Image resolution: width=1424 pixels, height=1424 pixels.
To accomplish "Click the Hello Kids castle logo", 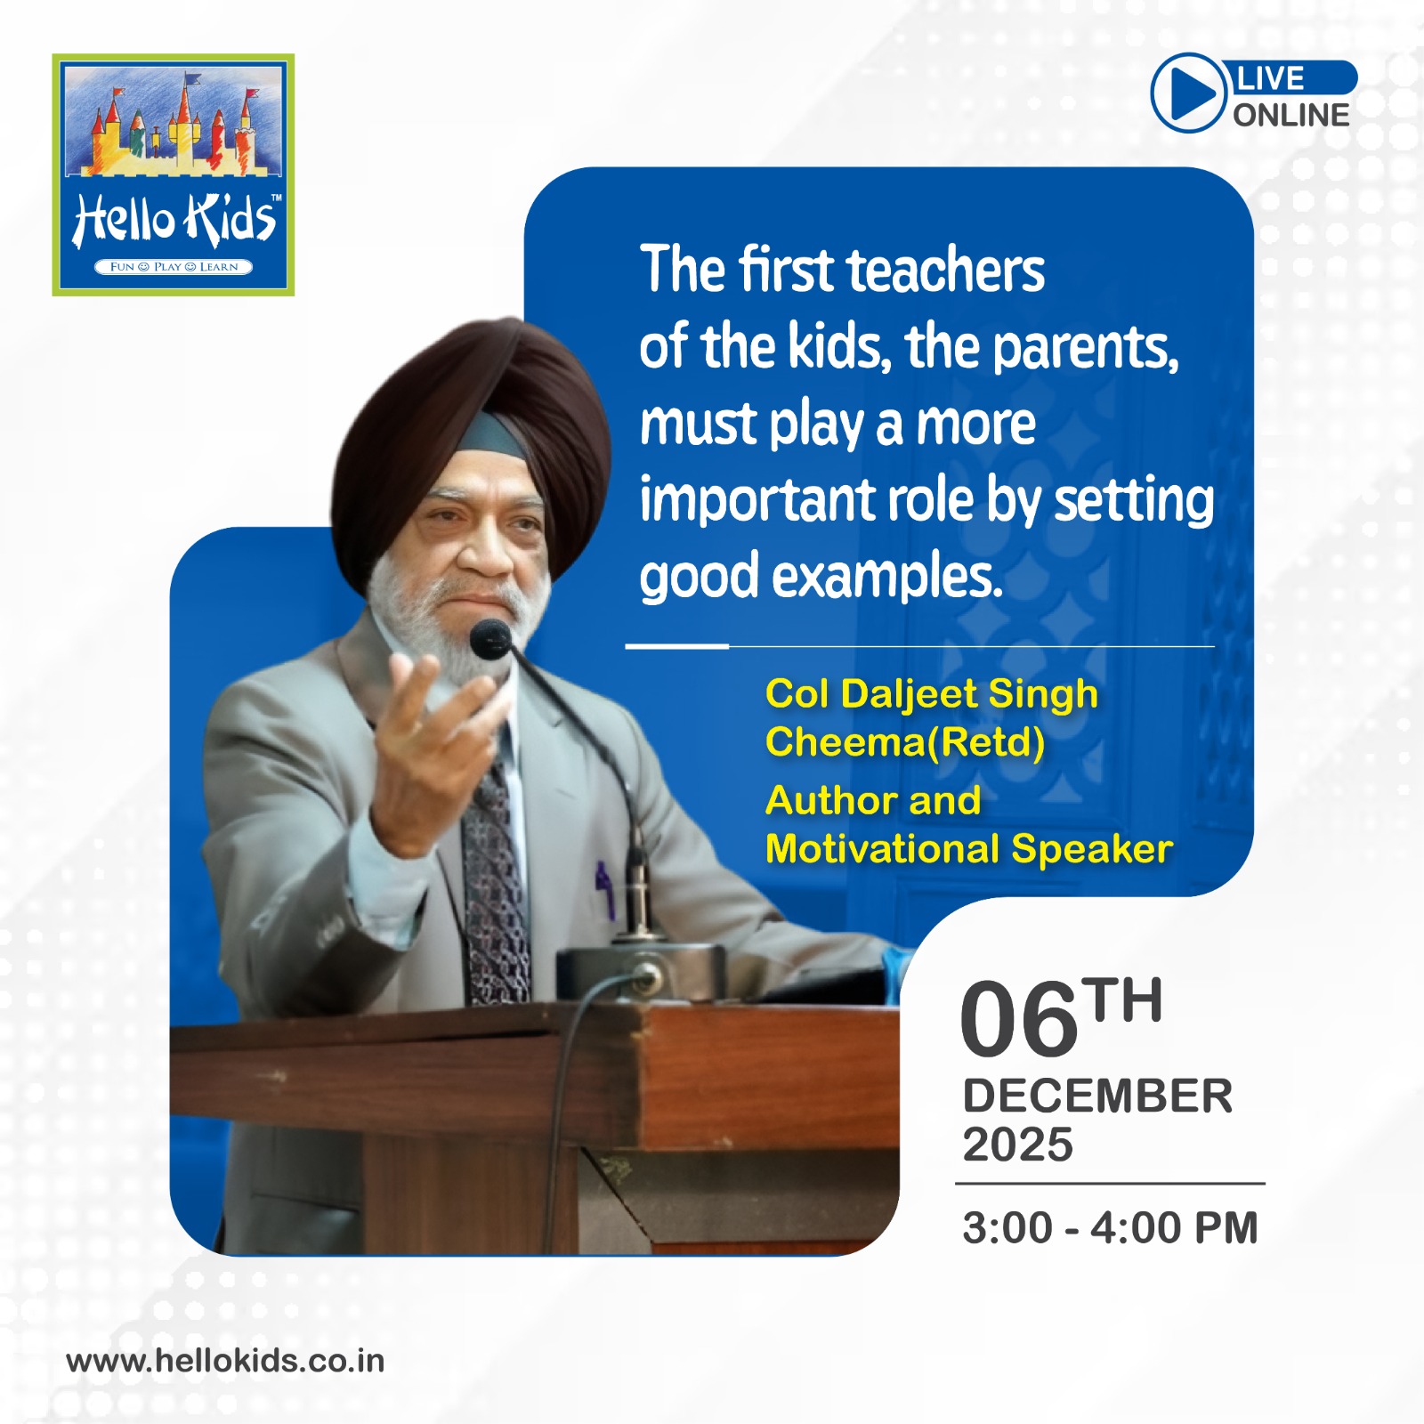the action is coord(174,174).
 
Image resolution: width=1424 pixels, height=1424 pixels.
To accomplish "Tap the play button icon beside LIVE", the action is coord(1188,93).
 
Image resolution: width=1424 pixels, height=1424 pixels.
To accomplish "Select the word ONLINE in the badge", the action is coord(1290,115).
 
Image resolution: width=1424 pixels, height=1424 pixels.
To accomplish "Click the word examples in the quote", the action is coord(886,578).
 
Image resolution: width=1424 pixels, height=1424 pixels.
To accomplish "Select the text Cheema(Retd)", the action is coord(905,741).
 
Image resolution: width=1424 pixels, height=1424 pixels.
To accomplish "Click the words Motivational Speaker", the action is coord(969,849).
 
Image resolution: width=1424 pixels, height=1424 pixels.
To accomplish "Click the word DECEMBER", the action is coord(1097,1096).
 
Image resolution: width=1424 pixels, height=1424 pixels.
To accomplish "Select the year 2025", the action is coord(1018,1145).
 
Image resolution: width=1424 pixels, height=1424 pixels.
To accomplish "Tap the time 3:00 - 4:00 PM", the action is coord(1110,1228).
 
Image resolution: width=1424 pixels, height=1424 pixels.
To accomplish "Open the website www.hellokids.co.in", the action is coord(225,1361).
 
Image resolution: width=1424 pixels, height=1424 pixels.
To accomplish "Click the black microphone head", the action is coord(490,639).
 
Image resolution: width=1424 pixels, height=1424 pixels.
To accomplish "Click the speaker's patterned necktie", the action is coord(495,881).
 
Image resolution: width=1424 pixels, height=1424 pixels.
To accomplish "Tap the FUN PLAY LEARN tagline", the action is coord(174,267).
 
